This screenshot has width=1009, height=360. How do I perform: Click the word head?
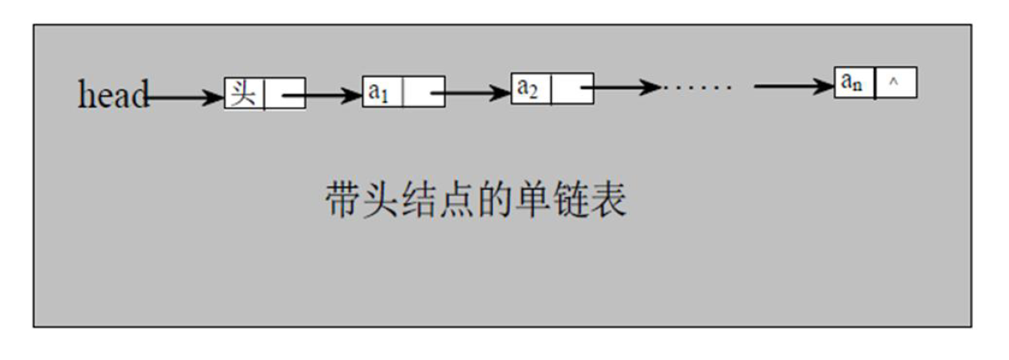coord(113,94)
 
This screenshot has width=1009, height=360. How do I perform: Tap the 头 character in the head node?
coord(243,93)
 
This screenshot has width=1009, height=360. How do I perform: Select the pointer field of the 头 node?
coord(285,94)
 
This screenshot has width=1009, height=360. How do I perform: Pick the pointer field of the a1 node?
coord(423,93)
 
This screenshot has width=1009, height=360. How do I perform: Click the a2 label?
coord(528,88)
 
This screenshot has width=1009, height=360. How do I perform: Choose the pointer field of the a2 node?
coord(572,89)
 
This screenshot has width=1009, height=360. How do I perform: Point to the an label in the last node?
coord(852,83)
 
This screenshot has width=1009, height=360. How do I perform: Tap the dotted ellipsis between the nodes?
coord(697,87)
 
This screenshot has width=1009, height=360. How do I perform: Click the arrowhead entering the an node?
coord(824,85)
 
